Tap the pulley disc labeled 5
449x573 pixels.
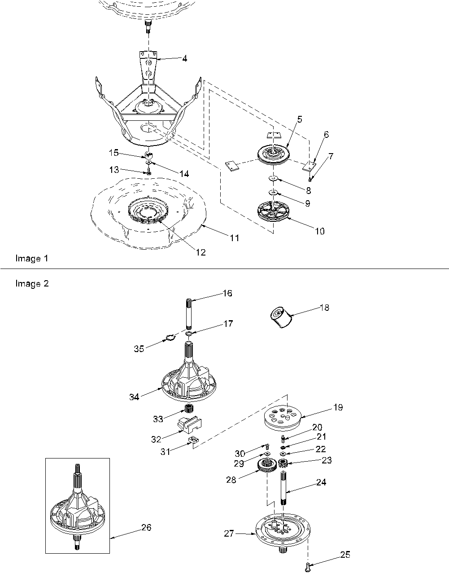(x=274, y=154)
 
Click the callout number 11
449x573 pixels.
(x=234, y=238)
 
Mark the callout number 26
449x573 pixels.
(x=146, y=527)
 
